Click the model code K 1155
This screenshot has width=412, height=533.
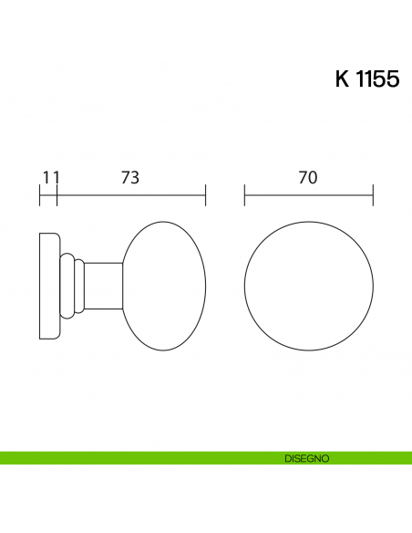click(366, 79)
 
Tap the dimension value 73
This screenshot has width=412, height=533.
click(130, 179)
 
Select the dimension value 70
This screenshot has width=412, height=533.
click(308, 179)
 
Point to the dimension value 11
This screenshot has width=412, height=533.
click(50, 179)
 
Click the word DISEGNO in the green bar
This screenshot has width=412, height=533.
click(306, 457)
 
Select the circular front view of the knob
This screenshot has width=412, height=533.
click(309, 286)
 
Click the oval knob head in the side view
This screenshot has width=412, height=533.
click(164, 286)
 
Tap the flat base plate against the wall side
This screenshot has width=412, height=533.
click(48, 286)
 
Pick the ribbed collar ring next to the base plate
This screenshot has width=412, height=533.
click(67, 286)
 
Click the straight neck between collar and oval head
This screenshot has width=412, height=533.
click(102, 286)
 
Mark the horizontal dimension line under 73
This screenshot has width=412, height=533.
click(130, 194)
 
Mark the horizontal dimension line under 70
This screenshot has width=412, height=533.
click(308, 194)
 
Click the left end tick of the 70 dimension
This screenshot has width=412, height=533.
click(245, 194)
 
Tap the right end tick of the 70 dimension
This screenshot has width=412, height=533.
click(373, 194)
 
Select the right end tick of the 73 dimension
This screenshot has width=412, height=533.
click(205, 194)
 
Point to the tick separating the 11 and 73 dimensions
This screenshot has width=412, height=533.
click(57, 194)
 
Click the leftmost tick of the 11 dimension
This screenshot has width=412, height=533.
click(40, 194)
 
